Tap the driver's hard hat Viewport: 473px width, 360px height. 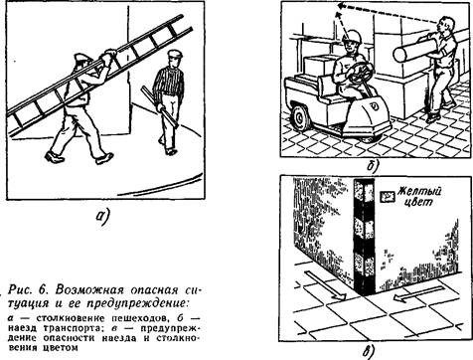coord(351,36)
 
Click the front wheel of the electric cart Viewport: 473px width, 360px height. coord(301,116)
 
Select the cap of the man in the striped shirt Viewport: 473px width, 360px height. coord(175,54)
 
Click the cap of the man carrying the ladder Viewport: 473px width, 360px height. coord(82,59)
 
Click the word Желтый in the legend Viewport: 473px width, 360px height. coord(420,192)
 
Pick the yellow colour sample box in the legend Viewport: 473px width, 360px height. coord(388,197)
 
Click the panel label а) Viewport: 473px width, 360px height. coord(103,217)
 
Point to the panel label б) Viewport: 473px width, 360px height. coord(373,166)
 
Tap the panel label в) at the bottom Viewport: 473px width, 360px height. coord(369,352)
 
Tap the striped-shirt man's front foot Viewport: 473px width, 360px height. coord(171,151)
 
